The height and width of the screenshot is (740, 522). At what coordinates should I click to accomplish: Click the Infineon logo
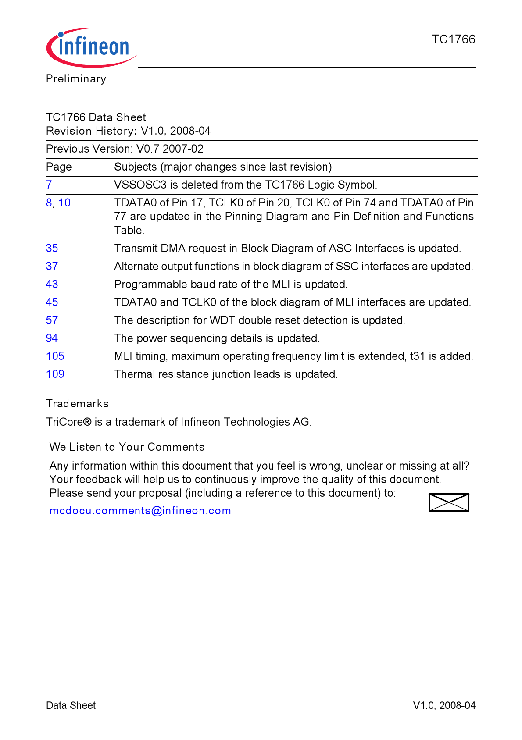pos(91,47)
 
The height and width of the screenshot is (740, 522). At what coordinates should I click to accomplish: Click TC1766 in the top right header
pos(453,39)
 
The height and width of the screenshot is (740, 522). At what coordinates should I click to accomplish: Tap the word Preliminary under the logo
pos(76,79)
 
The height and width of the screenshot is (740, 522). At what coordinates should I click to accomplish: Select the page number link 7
pos(49,185)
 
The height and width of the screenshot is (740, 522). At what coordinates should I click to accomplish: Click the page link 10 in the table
pos(64,203)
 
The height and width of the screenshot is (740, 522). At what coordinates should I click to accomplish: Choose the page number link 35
pos(52,249)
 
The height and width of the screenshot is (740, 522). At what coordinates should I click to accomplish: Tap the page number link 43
pos(52,285)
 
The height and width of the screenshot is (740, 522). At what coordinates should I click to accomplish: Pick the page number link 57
pos(52,320)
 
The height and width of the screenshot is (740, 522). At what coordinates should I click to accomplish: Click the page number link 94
pos(52,338)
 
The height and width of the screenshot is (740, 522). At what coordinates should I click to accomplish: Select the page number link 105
pos(55,356)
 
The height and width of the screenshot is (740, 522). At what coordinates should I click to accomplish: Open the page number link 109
pos(55,374)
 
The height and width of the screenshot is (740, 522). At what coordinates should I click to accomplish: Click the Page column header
pos(59,167)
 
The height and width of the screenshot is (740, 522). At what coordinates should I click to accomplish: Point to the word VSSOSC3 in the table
pos(140,185)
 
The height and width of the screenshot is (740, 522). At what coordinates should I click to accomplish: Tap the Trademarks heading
pos(77,404)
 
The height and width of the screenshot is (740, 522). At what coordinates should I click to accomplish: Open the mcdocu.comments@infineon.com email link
pos(140,511)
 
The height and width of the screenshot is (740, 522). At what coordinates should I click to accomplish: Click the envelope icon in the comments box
pos(449,502)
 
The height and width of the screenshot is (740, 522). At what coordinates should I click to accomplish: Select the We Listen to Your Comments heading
pos(127,447)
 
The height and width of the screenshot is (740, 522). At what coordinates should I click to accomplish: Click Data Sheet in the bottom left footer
pos(71,705)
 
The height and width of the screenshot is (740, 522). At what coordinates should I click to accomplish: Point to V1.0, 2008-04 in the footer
pos(444,705)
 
